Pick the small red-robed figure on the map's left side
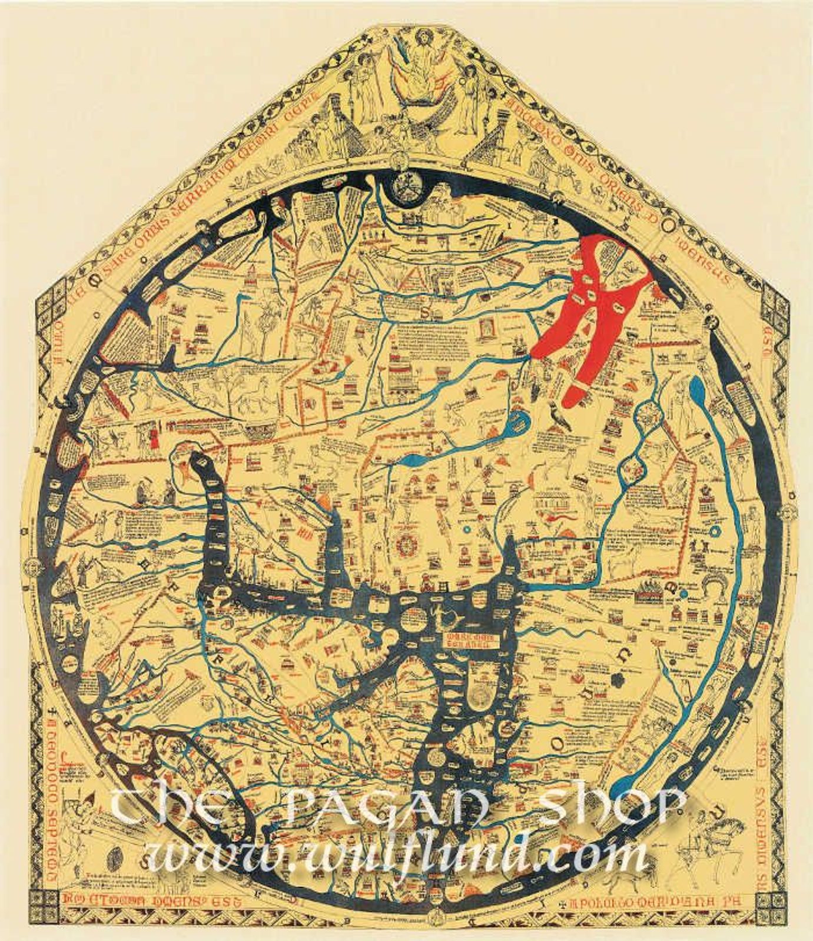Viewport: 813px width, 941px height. [154, 438]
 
